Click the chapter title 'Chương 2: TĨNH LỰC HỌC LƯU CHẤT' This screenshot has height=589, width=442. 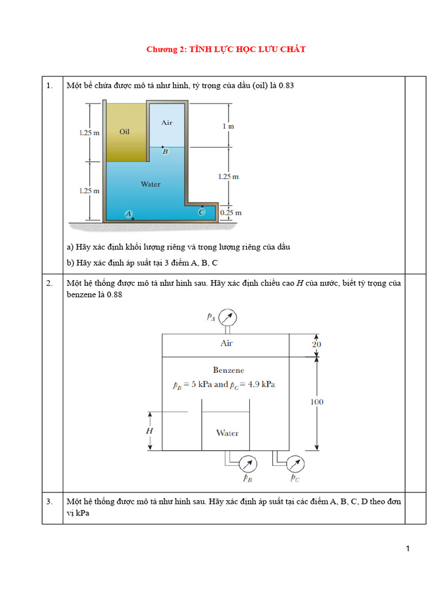pyautogui.click(x=226, y=49)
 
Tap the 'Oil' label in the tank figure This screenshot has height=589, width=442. pyautogui.click(x=124, y=132)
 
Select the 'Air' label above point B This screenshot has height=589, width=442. pyautogui.click(x=167, y=123)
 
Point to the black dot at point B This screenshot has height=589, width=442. pyautogui.click(x=162, y=147)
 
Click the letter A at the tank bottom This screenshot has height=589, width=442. pyautogui.click(x=128, y=214)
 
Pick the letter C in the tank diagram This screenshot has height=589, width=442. pyautogui.click(x=201, y=212)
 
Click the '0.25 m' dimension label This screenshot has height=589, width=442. pyautogui.click(x=231, y=213)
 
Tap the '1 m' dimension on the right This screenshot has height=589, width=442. pyautogui.click(x=228, y=125)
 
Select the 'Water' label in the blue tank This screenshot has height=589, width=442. pyautogui.click(x=151, y=184)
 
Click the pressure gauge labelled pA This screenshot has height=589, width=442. pyautogui.click(x=228, y=317)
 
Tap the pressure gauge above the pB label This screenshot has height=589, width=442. pyautogui.click(x=246, y=464)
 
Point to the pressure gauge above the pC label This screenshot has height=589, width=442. pyautogui.click(x=295, y=464)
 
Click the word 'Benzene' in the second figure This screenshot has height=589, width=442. pyautogui.click(x=228, y=370)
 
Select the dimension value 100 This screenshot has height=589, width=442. pyautogui.click(x=317, y=402)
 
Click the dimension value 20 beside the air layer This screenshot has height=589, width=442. pyautogui.click(x=317, y=345)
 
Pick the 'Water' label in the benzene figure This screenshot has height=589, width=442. pyautogui.click(x=227, y=433)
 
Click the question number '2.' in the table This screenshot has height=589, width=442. pyautogui.click(x=50, y=283)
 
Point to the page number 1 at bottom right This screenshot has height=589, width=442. pyautogui.click(x=408, y=549)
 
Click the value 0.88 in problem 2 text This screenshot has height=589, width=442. pyautogui.click(x=115, y=294)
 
